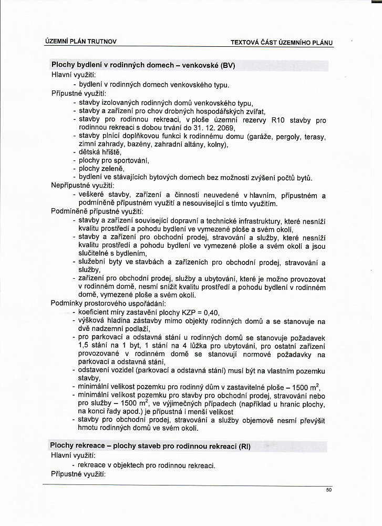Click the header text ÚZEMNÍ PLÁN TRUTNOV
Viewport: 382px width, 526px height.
click(x=81, y=41)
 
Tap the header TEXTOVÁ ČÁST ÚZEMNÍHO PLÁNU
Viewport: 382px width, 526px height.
click(x=282, y=42)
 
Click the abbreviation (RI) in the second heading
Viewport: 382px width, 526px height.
click(x=244, y=447)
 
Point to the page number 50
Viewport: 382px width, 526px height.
click(x=329, y=490)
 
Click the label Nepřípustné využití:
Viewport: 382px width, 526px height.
click(x=79, y=186)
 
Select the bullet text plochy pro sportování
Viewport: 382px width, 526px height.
click(x=114, y=160)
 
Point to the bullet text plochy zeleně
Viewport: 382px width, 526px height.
click(x=101, y=169)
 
